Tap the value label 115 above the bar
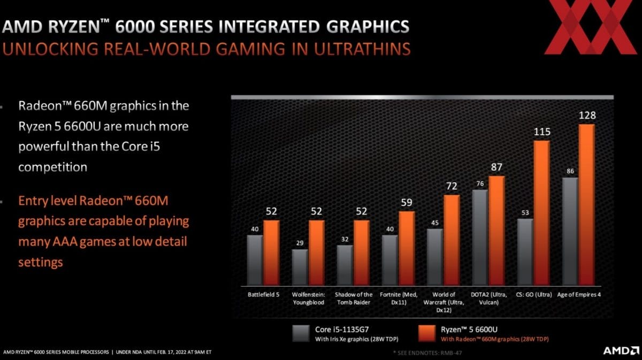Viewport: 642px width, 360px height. point(542,132)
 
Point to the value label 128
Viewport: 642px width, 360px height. point(587,116)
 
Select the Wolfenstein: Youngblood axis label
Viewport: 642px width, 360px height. point(308,298)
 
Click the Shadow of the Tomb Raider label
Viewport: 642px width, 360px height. point(353,298)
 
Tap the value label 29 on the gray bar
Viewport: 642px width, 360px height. point(300,243)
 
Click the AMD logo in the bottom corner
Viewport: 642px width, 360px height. point(621,351)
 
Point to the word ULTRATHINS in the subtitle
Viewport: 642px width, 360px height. point(353,49)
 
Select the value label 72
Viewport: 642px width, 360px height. point(452,187)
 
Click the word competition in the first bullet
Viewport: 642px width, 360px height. point(52,167)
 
